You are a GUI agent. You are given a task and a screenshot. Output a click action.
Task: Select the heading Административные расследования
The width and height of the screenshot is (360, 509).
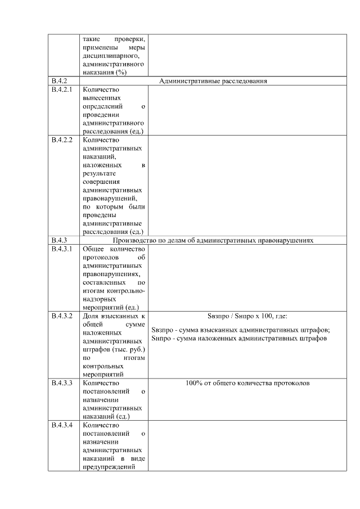coord(213,81)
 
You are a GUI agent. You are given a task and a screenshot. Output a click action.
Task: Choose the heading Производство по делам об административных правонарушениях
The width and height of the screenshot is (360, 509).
coord(213,240)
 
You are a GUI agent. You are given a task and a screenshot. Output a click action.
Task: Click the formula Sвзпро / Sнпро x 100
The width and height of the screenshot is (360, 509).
coord(240,316)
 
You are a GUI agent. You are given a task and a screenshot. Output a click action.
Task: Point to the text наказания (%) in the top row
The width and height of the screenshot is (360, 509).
coord(104,73)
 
